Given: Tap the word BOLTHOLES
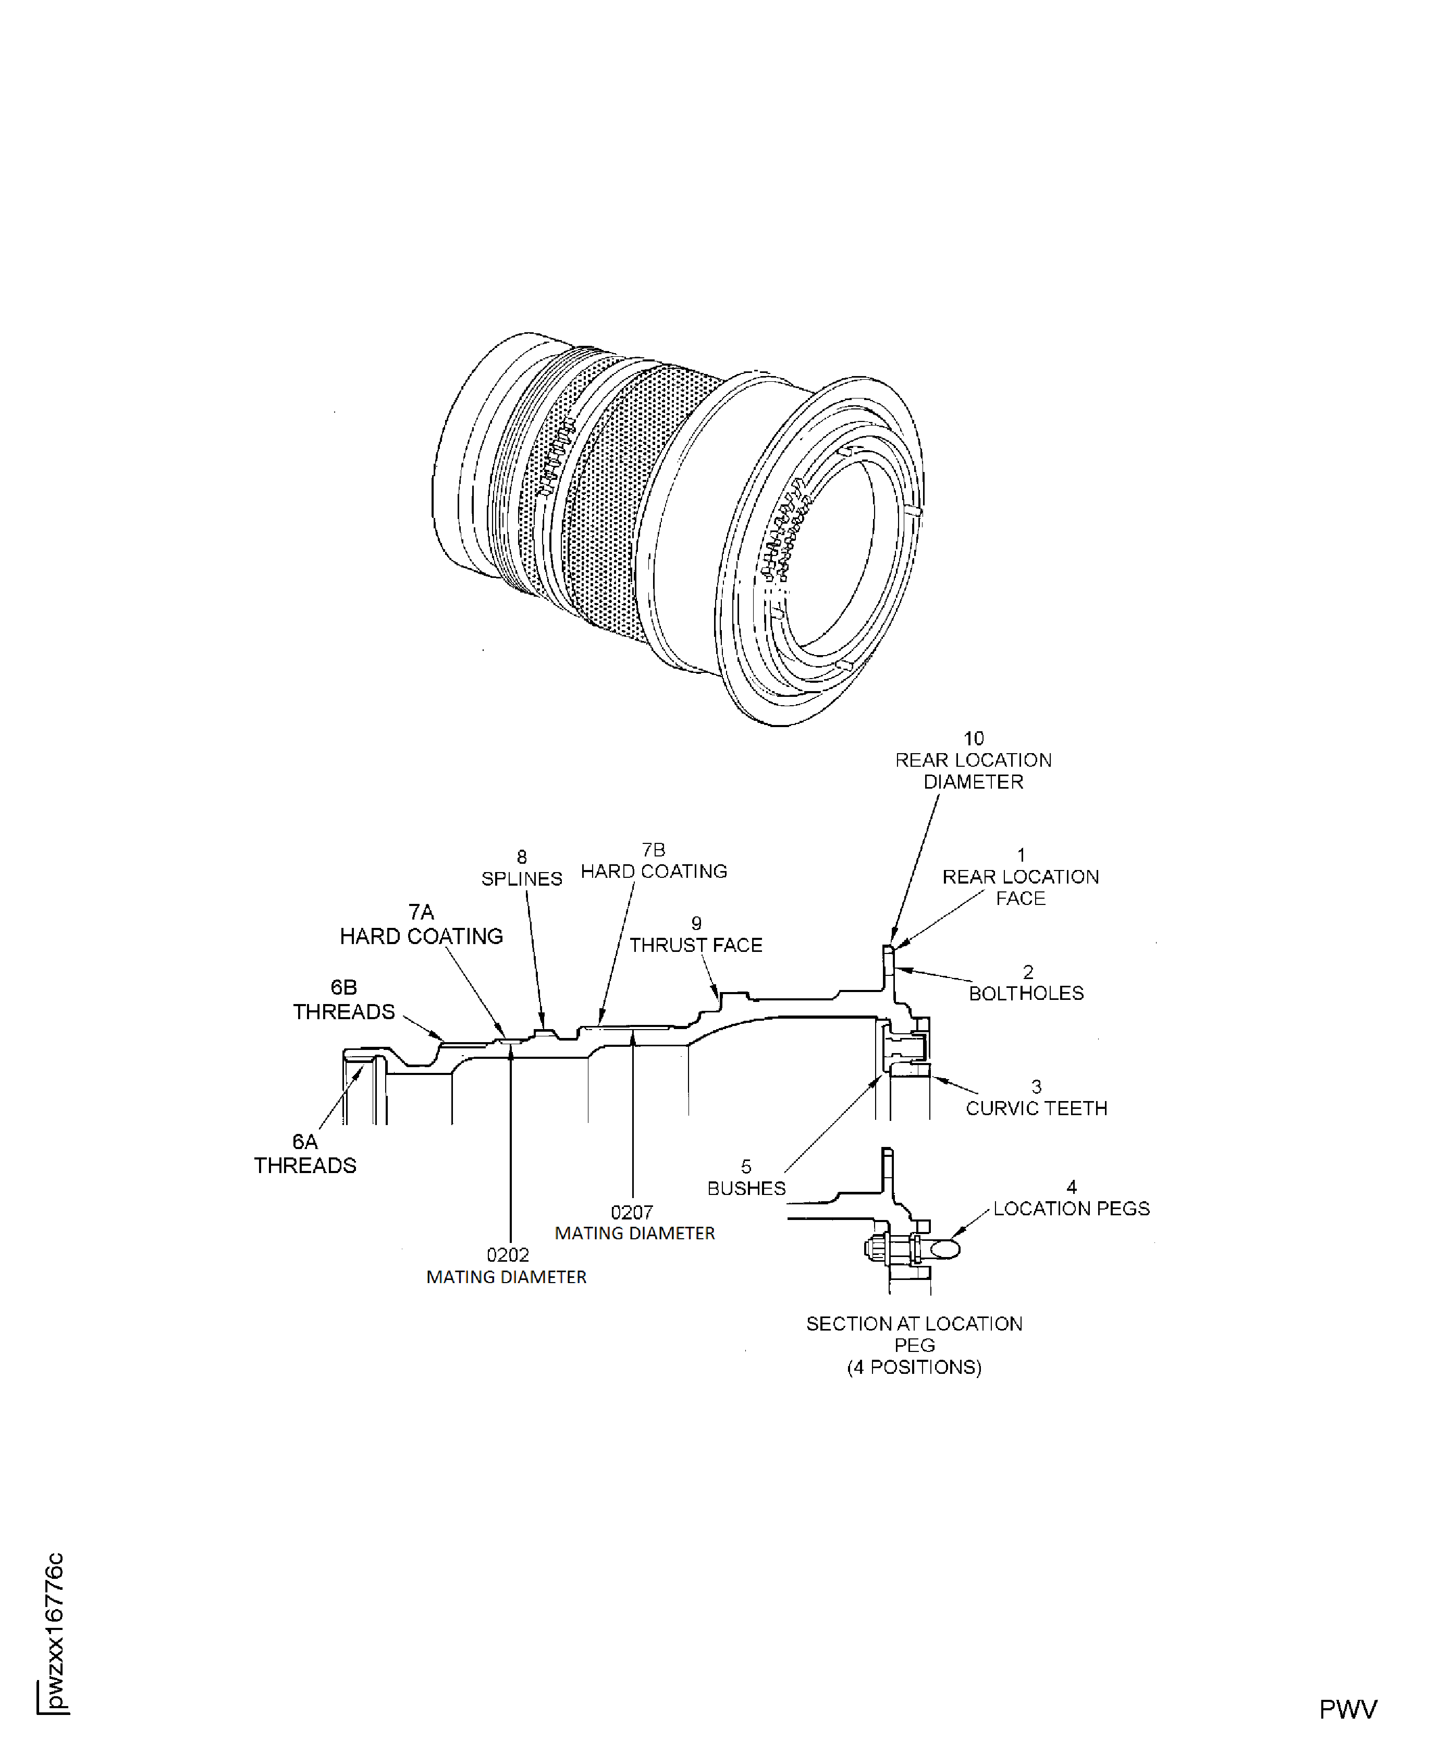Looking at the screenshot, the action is pos(1026,993).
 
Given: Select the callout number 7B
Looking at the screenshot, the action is pos(654,850).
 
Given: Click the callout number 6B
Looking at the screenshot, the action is pos(344,987).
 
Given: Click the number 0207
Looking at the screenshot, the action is pos(632,1213).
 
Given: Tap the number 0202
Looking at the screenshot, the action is pos(508,1255).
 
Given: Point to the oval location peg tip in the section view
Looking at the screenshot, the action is pos(944,1248).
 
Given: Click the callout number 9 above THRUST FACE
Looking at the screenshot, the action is pos(696,923).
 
